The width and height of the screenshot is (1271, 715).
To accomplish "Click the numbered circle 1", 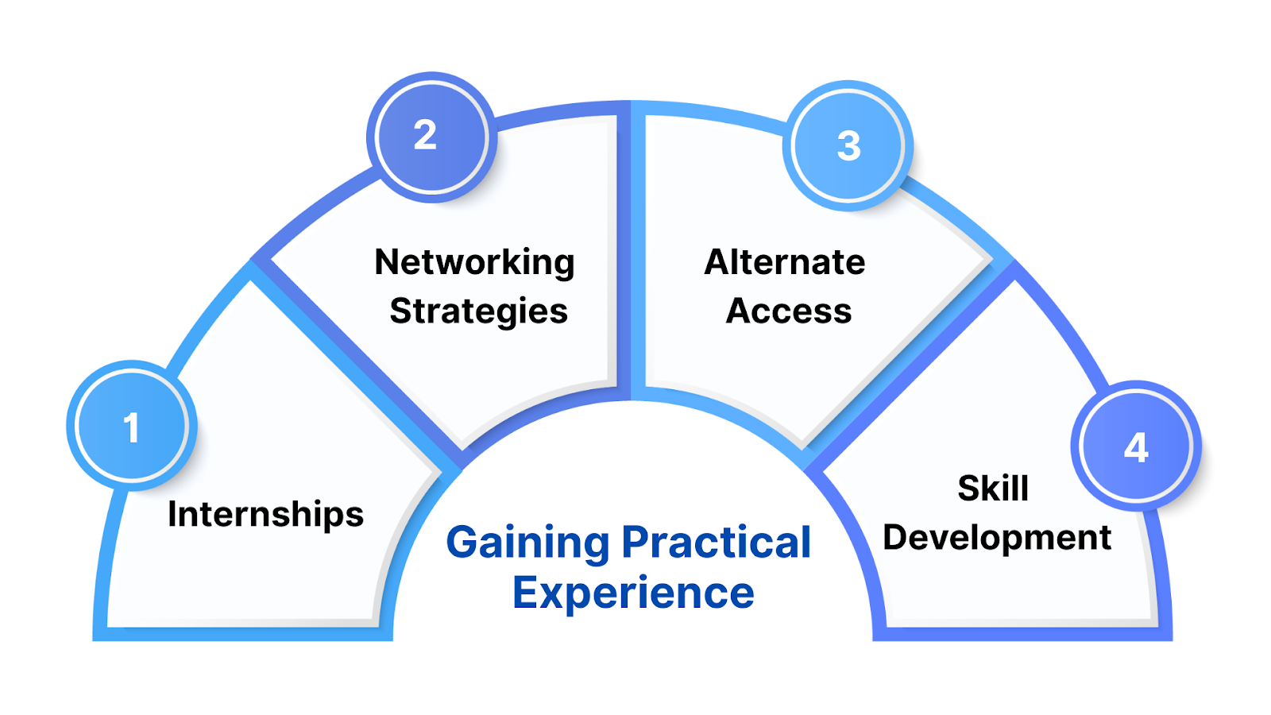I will [132, 426].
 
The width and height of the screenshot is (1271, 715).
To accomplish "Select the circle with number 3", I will [848, 145].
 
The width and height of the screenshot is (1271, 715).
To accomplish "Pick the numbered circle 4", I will [1136, 446].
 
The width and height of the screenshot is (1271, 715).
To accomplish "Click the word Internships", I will [265, 515].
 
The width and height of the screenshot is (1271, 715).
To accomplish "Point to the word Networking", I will [474, 263].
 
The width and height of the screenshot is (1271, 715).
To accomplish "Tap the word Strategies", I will [478, 311].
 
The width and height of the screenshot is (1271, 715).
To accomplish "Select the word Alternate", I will [785, 262].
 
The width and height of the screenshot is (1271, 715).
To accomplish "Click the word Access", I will [789, 311].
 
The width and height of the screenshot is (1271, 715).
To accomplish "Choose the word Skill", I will [993, 488].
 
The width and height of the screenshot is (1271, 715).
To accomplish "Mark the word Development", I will [997, 538].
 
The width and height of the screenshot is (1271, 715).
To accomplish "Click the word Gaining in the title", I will [527, 543].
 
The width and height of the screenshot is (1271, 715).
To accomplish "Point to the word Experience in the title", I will [633, 593].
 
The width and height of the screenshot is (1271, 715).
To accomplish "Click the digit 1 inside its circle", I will [132, 427].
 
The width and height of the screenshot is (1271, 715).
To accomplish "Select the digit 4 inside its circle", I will [1136, 448].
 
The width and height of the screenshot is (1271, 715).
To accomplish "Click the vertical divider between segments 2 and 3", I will [632, 254].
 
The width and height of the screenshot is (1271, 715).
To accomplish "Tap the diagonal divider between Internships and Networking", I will [357, 365].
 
